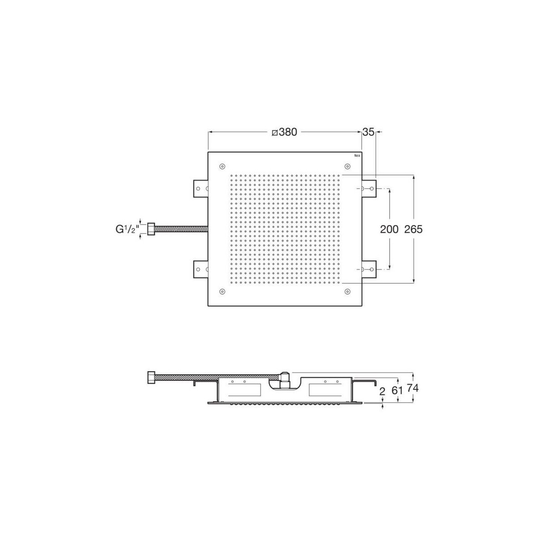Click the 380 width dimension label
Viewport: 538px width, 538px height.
(285, 132)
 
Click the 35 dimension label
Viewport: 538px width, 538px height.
(368, 132)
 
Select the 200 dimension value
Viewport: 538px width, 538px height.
(389, 229)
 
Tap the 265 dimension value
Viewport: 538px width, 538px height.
(413, 229)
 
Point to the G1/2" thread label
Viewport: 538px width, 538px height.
(127, 230)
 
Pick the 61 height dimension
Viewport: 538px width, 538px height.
(397, 390)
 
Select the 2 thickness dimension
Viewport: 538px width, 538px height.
(382, 391)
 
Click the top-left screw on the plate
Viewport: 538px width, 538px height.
(222, 167)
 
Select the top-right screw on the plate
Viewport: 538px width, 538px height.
(348, 167)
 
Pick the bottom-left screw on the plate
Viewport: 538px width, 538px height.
(222, 292)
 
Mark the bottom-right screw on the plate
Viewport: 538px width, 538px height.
(348, 292)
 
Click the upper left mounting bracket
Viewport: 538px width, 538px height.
(200, 189)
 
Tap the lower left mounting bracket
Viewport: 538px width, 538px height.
(200, 269)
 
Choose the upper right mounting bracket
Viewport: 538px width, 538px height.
(369, 189)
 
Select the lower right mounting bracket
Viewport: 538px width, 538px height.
(369, 269)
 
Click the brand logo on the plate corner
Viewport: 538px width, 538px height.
(357, 156)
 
